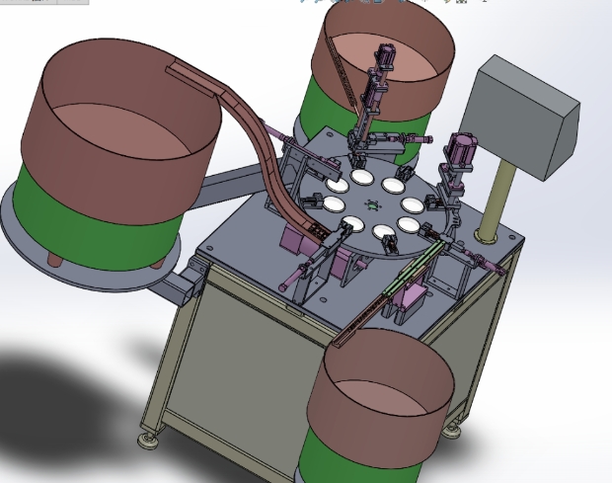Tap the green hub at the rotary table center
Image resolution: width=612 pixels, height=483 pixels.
click(x=371, y=205)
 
